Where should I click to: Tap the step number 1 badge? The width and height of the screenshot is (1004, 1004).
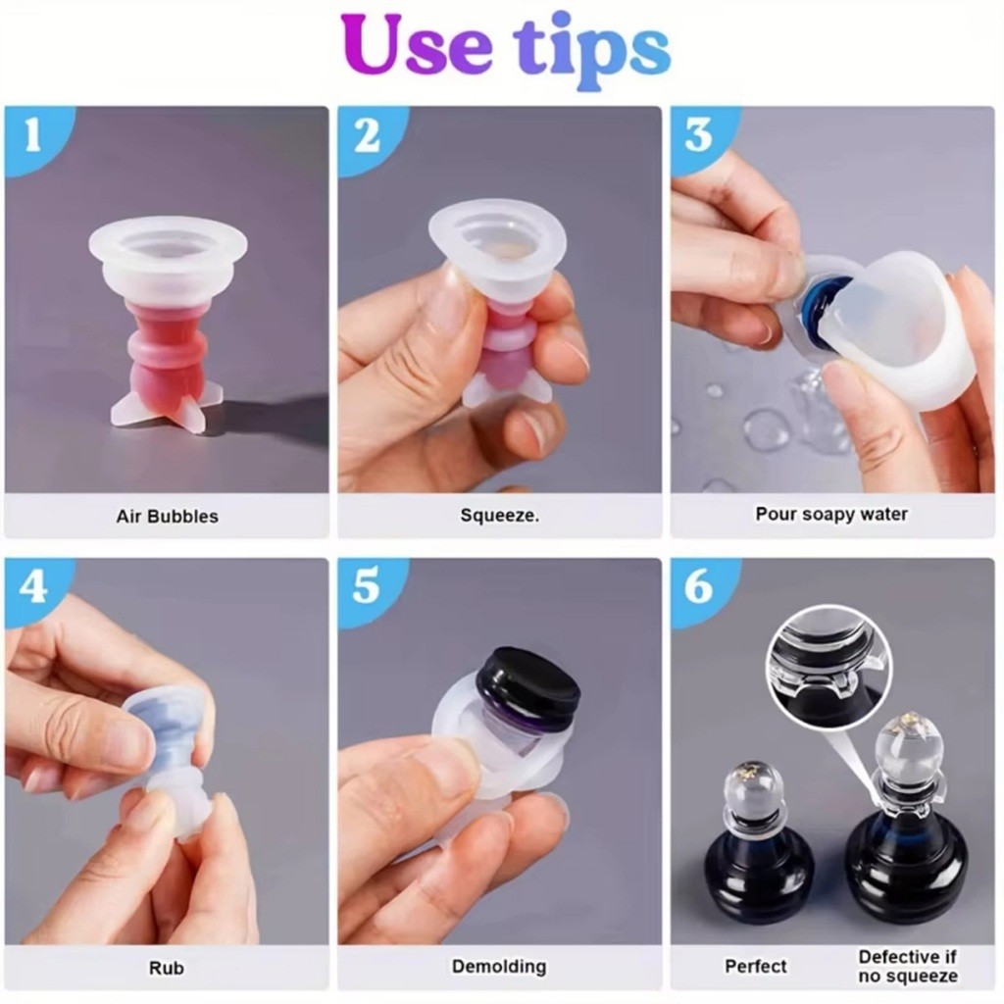[33, 136]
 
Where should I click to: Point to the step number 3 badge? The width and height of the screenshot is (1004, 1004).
[698, 135]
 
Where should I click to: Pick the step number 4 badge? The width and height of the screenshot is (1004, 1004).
[33, 586]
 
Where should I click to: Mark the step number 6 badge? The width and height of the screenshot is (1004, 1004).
[698, 586]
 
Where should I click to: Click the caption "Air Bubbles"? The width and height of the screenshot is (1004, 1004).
[167, 516]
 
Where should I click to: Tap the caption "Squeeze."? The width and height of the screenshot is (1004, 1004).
[499, 515]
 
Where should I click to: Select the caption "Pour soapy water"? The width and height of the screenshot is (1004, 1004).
[831, 514]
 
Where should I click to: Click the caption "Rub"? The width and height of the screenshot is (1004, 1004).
[167, 967]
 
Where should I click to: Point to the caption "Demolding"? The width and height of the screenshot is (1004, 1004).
[499, 966]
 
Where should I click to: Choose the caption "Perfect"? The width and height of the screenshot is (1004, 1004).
[756, 966]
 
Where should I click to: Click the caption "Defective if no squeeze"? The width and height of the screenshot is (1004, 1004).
[908, 966]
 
